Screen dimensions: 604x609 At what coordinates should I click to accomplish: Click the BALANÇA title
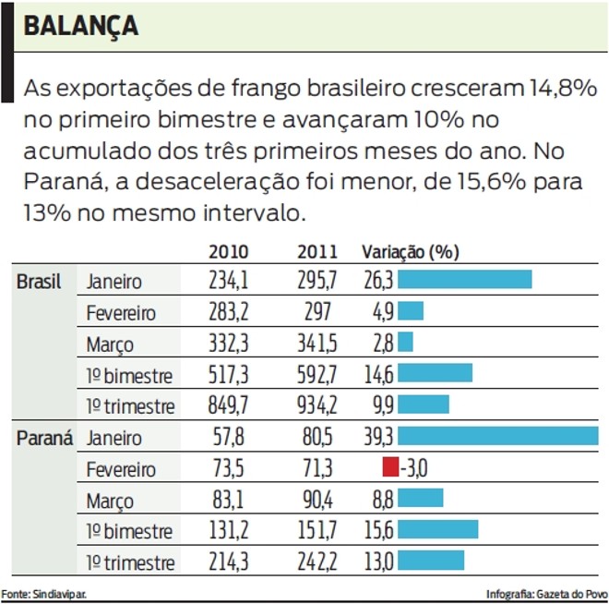click(81, 26)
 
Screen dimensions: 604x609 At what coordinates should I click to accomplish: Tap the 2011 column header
click(317, 252)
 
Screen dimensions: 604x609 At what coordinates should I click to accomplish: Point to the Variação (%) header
click(410, 252)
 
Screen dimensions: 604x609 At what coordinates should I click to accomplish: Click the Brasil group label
click(39, 282)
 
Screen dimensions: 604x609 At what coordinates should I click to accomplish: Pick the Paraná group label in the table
click(43, 437)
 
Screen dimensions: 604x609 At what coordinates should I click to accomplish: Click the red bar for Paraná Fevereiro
click(390, 467)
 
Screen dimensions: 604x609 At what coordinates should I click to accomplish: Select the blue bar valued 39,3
click(497, 437)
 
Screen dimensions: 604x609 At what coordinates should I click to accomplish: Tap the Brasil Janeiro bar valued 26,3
click(464, 280)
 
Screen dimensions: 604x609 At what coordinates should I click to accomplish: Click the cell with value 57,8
click(229, 437)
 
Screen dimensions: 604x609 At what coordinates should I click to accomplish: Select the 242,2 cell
click(318, 562)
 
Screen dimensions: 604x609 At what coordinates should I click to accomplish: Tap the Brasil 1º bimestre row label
click(129, 375)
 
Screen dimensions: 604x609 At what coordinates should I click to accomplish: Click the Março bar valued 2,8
click(405, 343)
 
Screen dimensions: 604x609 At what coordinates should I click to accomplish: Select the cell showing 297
click(318, 311)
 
